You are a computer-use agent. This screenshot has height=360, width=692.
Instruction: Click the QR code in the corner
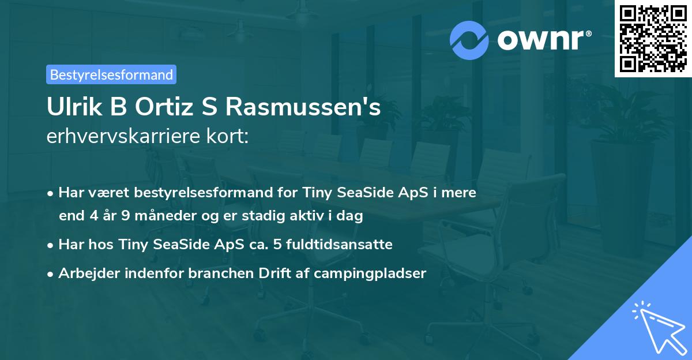(x=653, y=38)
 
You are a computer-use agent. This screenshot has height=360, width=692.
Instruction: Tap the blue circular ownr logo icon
(x=470, y=40)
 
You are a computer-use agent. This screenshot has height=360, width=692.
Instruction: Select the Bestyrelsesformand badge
(x=111, y=74)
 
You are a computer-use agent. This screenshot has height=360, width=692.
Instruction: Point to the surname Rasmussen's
(x=303, y=108)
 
